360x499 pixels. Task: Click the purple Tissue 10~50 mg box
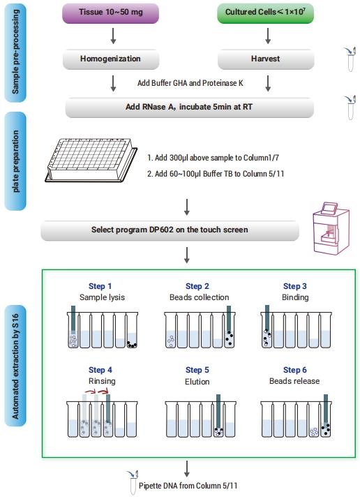(x=110, y=13)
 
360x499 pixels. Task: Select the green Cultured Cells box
(x=265, y=13)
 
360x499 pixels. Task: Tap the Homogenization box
(x=111, y=59)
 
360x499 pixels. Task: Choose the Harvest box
(x=266, y=59)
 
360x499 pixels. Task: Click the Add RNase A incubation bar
(x=190, y=107)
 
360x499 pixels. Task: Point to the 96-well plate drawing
(x=91, y=160)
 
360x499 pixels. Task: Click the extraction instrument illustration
(x=331, y=228)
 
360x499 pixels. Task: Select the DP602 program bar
(x=170, y=230)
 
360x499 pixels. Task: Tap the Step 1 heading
(x=100, y=286)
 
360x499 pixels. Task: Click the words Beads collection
(x=199, y=297)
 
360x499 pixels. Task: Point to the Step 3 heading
(x=295, y=286)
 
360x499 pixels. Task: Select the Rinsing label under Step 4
(x=102, y=381)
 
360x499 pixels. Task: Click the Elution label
(x=197, y=381)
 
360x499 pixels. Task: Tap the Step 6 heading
(x=295, y=370)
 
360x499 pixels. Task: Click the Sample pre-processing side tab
(x=15, y=53)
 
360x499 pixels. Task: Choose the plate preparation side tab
(x=15, y=161)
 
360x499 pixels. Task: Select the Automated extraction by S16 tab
(x=15, y=366)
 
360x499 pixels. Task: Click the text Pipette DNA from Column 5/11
(x=188, y=486)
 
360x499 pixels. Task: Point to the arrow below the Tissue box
(x=113, y=36)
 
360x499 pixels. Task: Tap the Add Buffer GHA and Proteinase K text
(x=190, y=83)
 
